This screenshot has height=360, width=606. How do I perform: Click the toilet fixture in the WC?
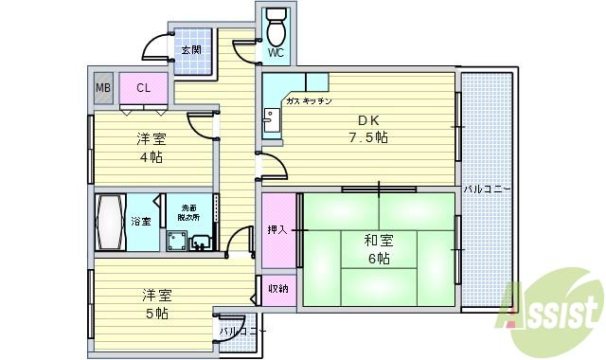tap(276, 28)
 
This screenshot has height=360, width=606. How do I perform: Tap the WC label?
tap(276, 54)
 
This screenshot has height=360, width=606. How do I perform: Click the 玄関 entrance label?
tap(191, 50)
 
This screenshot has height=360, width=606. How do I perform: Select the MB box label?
tap(102, 89)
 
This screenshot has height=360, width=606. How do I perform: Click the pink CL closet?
tap(143, 89)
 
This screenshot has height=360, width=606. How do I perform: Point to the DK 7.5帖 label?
tap(368, 130)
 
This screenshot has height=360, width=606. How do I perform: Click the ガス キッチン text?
tap(308, 101)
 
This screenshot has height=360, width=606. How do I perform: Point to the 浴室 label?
tap(141, 222)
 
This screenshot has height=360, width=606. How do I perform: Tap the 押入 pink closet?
tap(277, 230)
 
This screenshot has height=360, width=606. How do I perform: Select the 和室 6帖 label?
tap(378, 249)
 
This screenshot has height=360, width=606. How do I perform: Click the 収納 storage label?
tap(277, 289)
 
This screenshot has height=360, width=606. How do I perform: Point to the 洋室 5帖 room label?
tap(156, 302)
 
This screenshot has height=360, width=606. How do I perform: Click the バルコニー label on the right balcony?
tap(487, 189)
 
